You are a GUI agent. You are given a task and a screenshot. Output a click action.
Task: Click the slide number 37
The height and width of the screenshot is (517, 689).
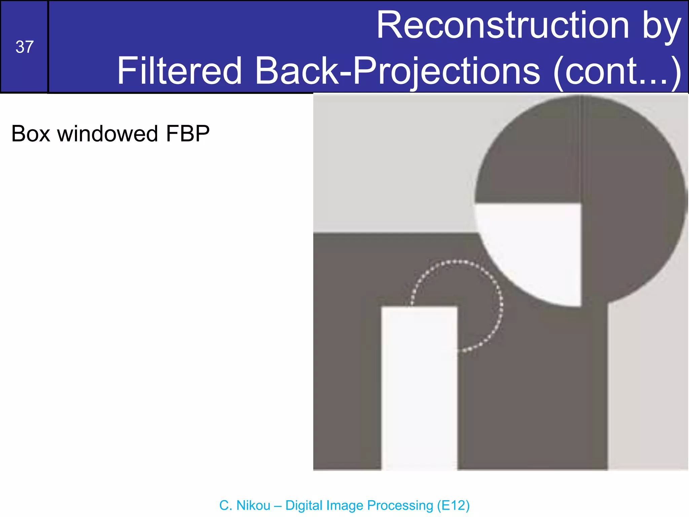coord(25,47)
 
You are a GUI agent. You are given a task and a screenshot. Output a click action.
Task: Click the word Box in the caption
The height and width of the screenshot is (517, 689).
coord(31,134)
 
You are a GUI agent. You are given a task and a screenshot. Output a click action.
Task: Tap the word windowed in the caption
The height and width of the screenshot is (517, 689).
coord(107,134)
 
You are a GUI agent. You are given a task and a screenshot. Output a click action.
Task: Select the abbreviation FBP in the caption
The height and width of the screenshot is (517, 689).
coord(188,134)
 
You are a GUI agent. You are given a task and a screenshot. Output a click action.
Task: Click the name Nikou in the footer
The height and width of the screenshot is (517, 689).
coord(254,505)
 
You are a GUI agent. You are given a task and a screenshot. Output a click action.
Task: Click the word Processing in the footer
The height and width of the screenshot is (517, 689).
coord(400,505)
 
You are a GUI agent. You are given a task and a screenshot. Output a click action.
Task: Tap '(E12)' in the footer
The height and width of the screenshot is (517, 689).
coord(453,505)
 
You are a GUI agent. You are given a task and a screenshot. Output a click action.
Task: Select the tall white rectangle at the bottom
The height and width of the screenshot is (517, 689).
coord(419,387)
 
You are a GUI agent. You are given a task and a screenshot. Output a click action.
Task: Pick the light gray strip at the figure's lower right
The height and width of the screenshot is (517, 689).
coord(647,387)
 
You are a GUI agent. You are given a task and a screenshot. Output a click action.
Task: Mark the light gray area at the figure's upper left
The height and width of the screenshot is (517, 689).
coord(387,162)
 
